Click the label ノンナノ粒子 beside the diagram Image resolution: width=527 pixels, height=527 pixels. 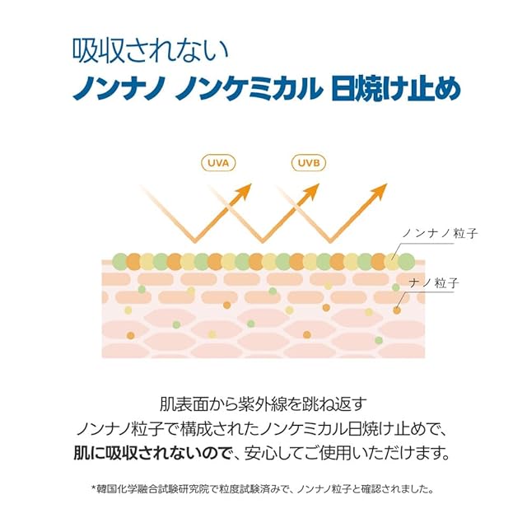pyautogui.click(x=439, y=234)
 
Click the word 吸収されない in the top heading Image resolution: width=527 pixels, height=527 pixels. pyautogui.click(x=149, y=51)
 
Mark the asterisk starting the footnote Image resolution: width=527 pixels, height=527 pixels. pyautogui.click(x=94, y=487)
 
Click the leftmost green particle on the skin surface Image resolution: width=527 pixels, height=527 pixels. pyautogui.click(x=119, y=262)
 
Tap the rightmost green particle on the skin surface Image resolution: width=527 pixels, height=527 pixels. pyautogui.click(x=405, y=262)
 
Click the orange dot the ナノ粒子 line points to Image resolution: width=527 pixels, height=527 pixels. pyautogui.click(x=397, y=310)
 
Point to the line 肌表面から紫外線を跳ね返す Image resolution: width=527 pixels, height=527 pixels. pyautogui.click(x=263, y=404)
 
